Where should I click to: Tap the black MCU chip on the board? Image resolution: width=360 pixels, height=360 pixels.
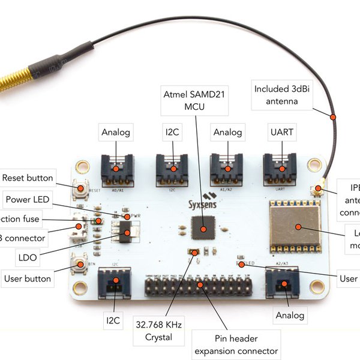click(x=203, y=229)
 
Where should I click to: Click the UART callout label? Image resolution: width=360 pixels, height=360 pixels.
click(x=281, y=132)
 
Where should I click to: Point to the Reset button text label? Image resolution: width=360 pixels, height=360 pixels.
click(x=28, y=178)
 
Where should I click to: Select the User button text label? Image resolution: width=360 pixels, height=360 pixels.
click(x=28, y=278)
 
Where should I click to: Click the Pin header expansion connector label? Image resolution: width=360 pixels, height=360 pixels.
click(x=236, y=344)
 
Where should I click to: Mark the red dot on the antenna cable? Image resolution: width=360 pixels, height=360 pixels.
click(x=332, y=116)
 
